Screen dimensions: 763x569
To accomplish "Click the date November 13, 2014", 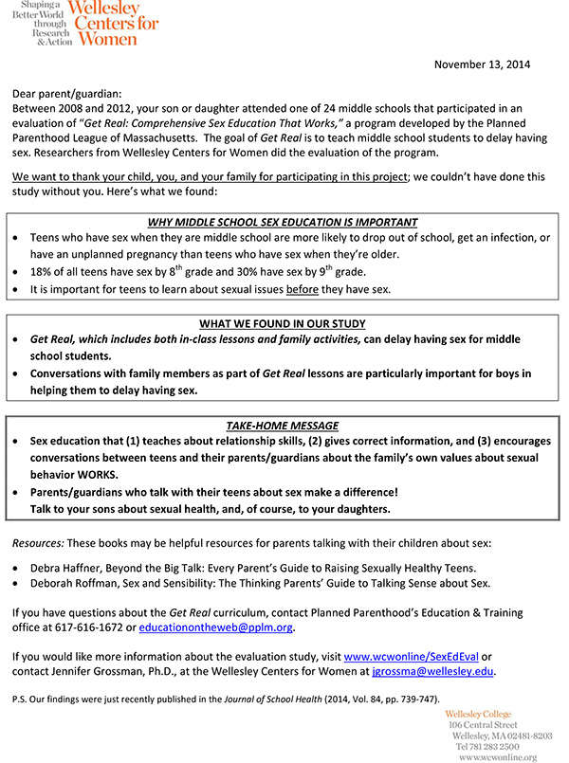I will [483, 64].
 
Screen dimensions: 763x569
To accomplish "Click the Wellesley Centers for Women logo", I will [86, 24].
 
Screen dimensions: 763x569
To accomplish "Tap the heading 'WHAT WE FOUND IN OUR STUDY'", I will [283, 323].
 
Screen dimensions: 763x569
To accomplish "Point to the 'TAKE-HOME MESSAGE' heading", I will [283, 426].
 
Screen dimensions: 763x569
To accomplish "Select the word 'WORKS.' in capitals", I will [94, 475].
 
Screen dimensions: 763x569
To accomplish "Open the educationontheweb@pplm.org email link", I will [216, 627].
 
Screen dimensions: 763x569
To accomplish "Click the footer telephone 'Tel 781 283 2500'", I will [490, 747].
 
